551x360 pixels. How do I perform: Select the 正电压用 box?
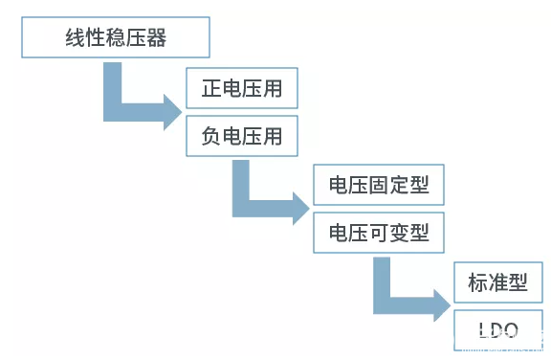click(x=242, y=90)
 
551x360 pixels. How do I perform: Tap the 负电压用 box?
click(x=242, y=136)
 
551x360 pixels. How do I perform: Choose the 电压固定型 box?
click(x=379, y=185)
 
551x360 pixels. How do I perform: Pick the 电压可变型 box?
click(x=379, y=232)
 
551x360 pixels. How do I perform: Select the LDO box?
click(x=497, y=331)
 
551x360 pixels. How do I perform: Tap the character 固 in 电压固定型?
click(x=379, y=185)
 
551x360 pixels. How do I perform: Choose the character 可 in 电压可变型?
click(x=379, y=232)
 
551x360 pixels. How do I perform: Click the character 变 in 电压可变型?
click(x=400, y=232)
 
